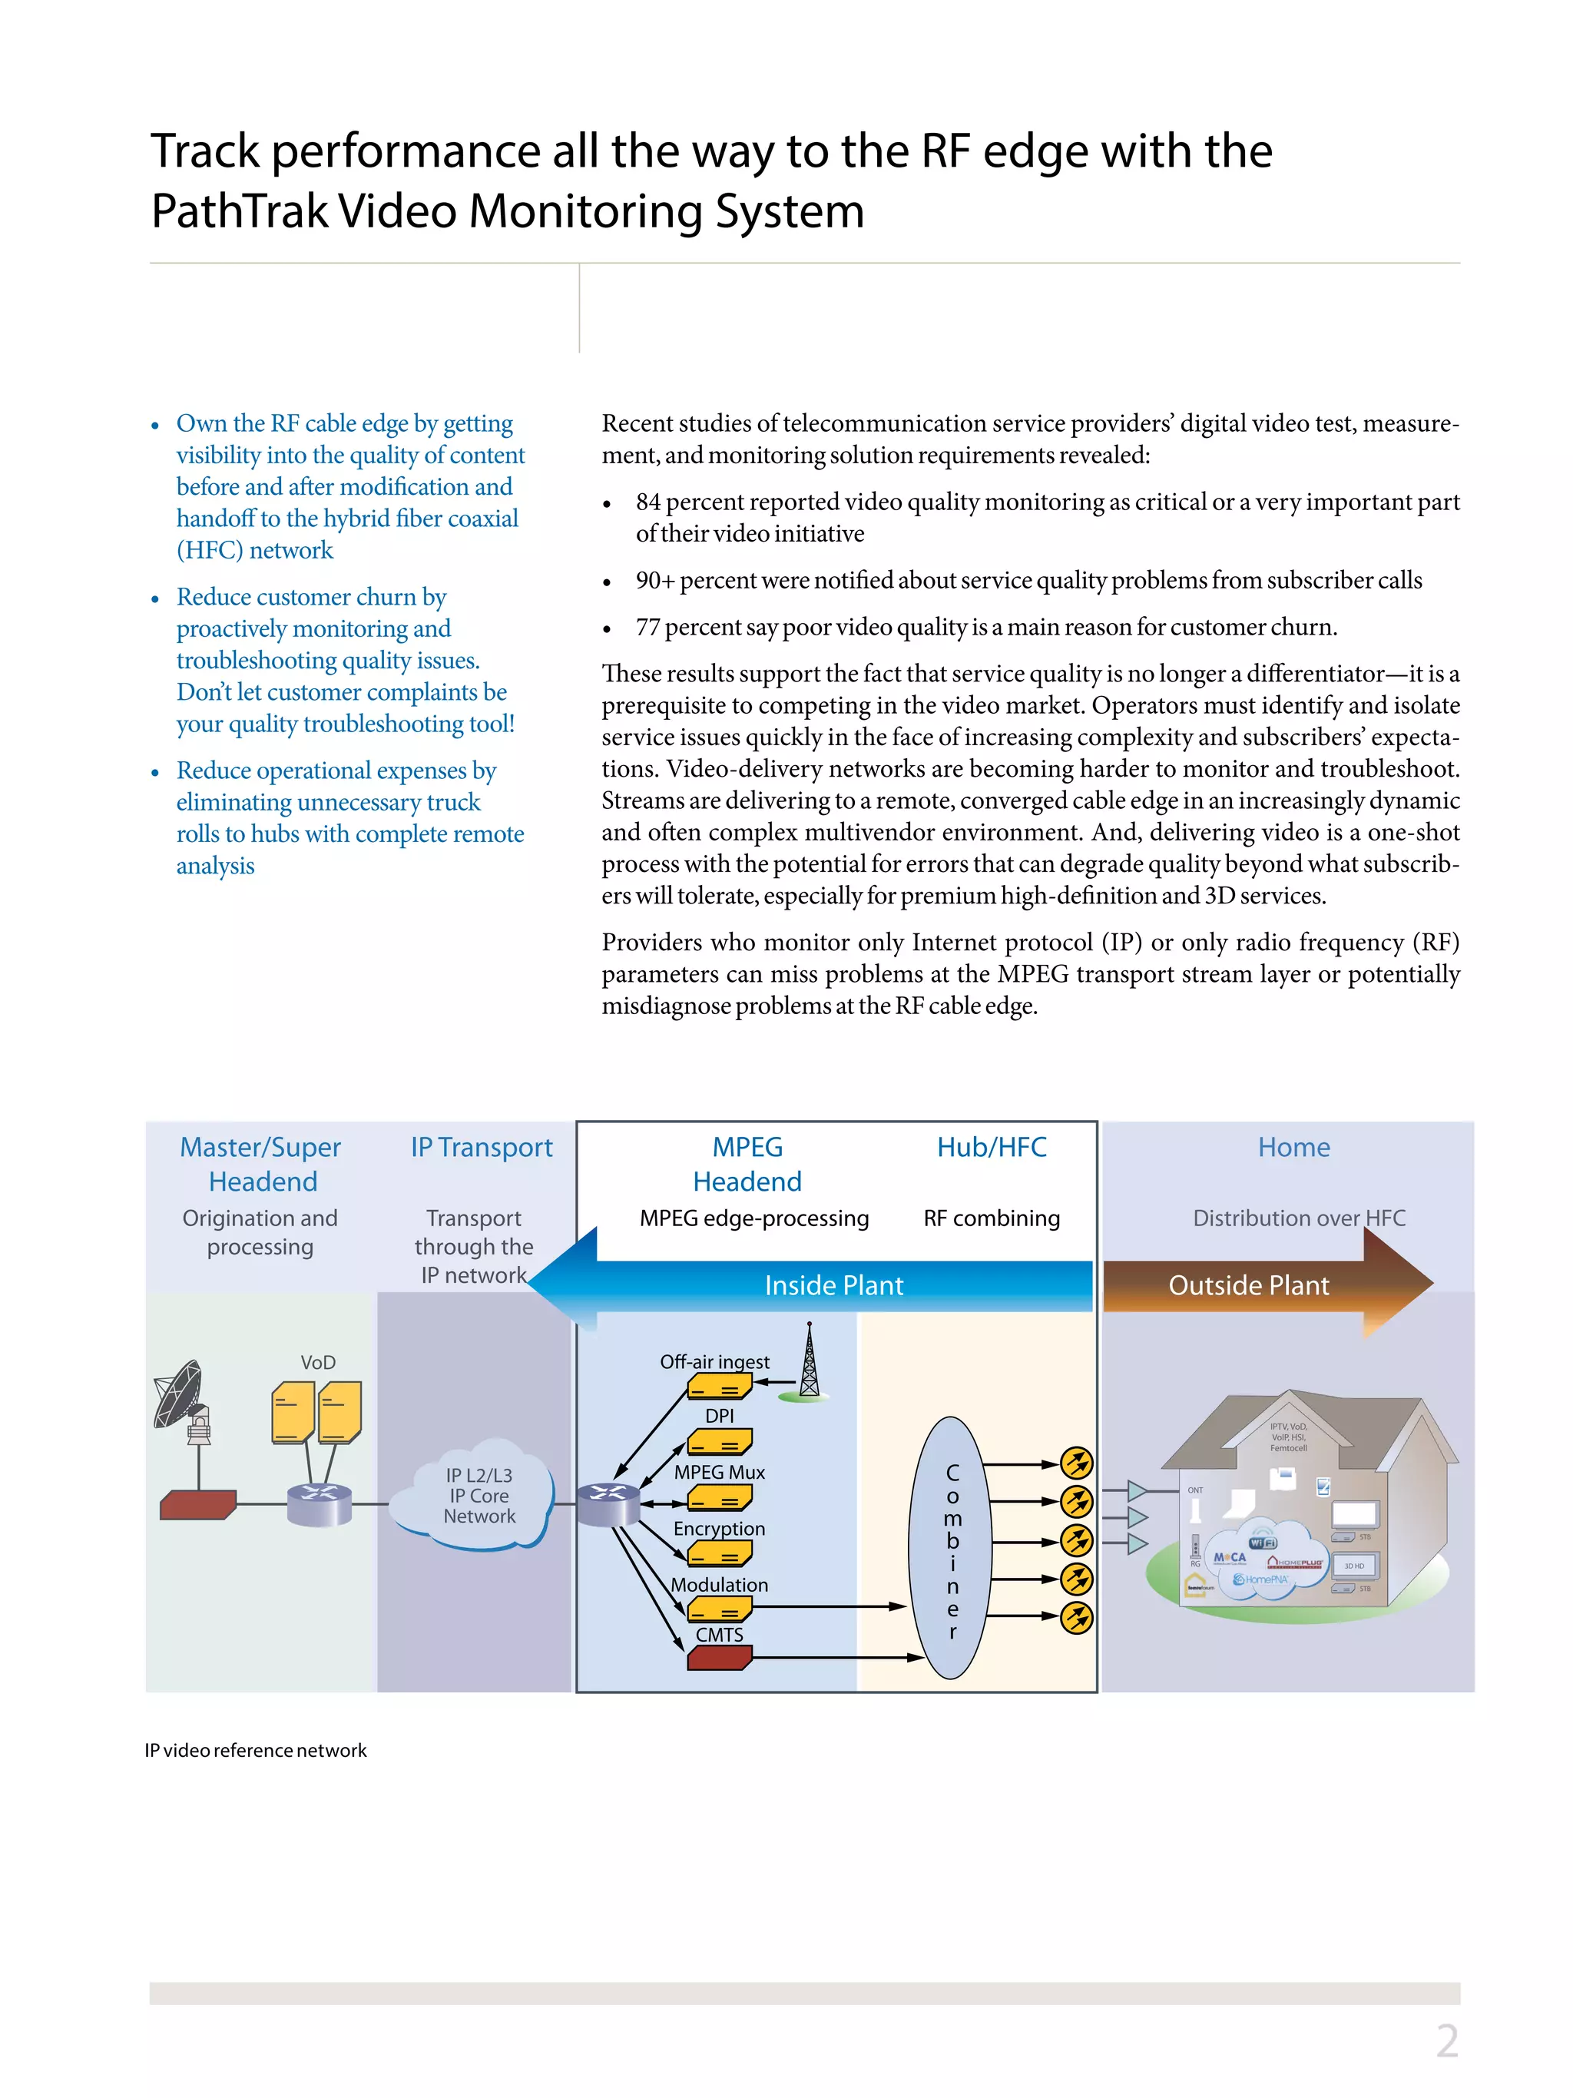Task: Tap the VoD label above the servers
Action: [318, 1362]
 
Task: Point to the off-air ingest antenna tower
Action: [809, 1362]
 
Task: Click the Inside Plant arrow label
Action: [833, 1285]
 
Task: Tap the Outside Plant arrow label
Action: [1248, 1285]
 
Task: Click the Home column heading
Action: [1293, 1148]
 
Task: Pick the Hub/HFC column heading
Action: [992, 1148]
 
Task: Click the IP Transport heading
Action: [481, 1148]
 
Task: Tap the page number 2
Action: [1446, 2041]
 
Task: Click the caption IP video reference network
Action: [255, 1750]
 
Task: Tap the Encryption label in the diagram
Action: [719, 1529]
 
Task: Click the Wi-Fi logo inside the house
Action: [1262, 1543]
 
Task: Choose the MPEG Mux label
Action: [719, 1472]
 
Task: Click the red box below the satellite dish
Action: [197, 1504]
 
